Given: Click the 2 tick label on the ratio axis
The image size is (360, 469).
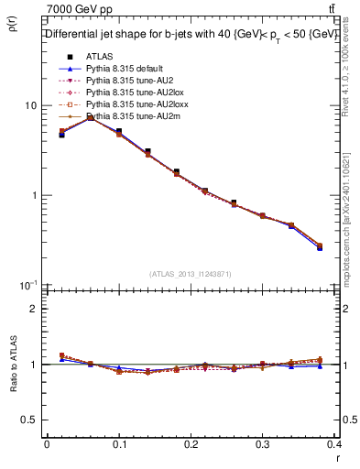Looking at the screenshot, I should [35, 309].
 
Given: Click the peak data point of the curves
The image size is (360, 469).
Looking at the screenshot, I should [90, 117].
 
